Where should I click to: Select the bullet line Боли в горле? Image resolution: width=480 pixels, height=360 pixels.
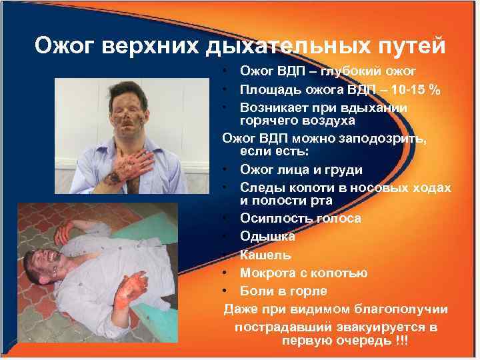283,291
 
